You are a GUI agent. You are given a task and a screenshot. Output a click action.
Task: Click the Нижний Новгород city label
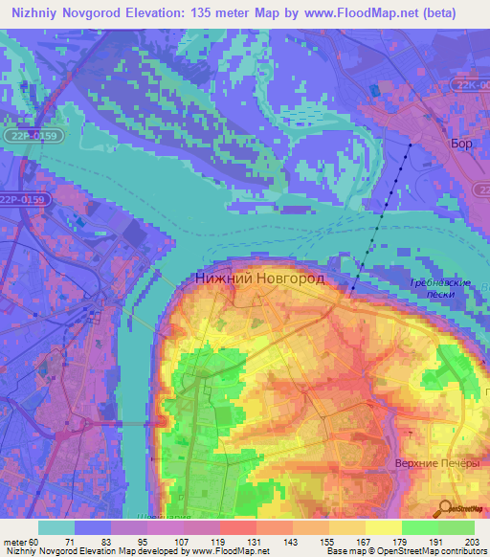coord(259,278)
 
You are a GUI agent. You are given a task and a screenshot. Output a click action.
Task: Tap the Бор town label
coord(461,144)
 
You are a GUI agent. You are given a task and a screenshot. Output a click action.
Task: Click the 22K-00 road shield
coord(470,85)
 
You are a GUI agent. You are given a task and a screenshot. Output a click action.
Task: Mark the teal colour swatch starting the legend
coord(56,527)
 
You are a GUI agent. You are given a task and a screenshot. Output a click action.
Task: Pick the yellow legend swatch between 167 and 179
coord(383,527)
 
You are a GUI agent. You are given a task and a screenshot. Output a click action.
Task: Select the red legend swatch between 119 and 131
coord(237,527)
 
